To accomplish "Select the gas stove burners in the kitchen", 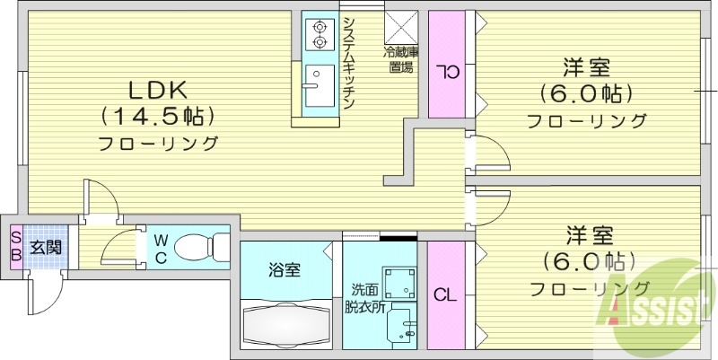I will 319,35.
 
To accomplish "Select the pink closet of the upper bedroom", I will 445,65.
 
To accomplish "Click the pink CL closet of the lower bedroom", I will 444,294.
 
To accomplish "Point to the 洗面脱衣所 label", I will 364,296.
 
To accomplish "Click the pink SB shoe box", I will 16,247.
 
